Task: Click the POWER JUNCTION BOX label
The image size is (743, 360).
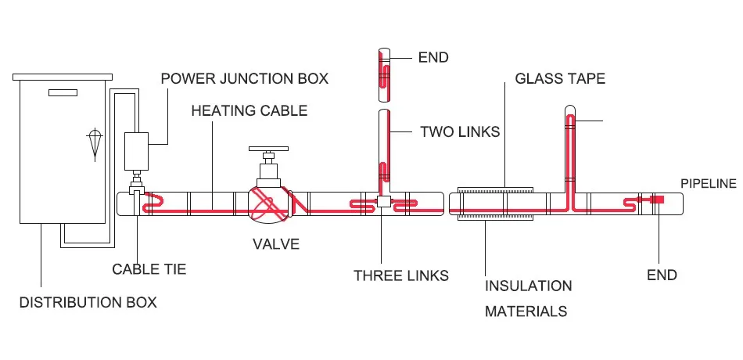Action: (244, 79)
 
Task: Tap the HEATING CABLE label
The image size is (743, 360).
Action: (249, 110)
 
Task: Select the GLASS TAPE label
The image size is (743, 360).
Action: (560, 79)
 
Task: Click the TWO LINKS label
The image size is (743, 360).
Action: (460, 131)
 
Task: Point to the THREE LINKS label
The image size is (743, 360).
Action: (401, 275)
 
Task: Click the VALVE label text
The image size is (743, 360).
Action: (276, 244)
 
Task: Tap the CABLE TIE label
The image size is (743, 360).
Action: (149, 270)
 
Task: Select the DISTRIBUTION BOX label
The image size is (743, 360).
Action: (88, 302)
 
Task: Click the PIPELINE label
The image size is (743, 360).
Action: (709, 184)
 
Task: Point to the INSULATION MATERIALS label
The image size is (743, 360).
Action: (528, 298)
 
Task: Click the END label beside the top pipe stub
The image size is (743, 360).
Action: (433, 57)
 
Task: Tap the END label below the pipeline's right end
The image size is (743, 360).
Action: (662, 275)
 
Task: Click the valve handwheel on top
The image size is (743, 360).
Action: (270, 148)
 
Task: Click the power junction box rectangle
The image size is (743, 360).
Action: (137, 150)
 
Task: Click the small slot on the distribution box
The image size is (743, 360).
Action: (63, 93)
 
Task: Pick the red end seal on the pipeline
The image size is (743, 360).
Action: (656, 200)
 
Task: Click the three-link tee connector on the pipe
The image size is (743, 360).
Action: (383, 202)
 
